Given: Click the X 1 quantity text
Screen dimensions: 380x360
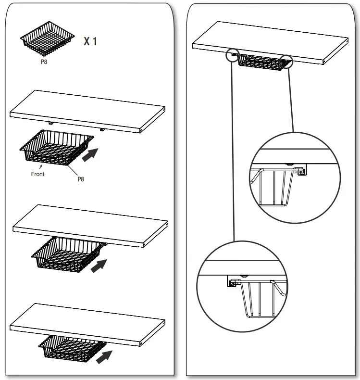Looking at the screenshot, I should tap(91, 42).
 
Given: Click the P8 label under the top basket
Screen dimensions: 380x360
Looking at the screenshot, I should tap(44, 62).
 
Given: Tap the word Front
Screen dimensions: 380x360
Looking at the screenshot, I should tap(37, 174).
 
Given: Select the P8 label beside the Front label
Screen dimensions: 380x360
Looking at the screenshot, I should tap(81, 179).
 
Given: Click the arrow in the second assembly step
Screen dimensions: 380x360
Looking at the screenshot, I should tap(99, 264).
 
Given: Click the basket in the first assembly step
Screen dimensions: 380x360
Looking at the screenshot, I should tap(54, 150).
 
